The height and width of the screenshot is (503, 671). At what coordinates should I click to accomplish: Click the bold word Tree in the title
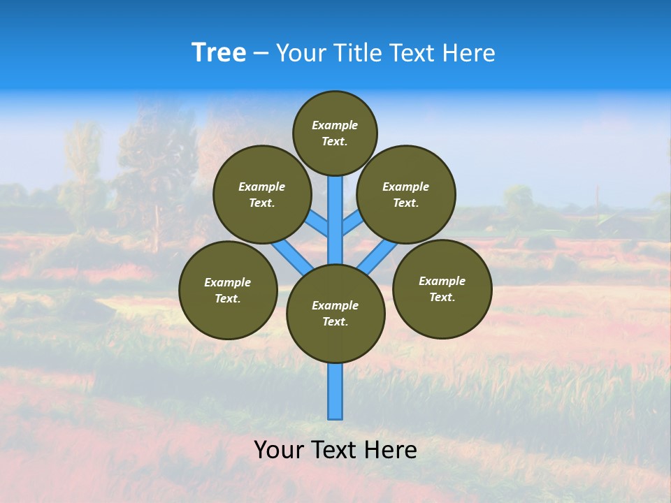tap(219, 53)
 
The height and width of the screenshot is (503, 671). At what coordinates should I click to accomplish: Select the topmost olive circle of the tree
tap(335, 133)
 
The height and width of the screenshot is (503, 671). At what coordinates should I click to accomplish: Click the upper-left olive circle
tap(261, 194)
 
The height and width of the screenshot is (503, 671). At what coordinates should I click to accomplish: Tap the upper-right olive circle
tap(406, 194)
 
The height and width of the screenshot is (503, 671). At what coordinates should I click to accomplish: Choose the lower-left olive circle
tap(228, 290)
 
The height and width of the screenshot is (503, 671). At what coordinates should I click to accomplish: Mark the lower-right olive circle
tap(442, 289)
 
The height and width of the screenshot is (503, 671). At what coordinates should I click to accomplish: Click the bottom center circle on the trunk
tap(335, 313)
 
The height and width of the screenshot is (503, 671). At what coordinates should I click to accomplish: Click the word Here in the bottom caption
tap(391, 450)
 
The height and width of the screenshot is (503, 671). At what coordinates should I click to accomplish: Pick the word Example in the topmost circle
tap(335, 125)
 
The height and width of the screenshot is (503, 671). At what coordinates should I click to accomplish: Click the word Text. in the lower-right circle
tap(442, 297)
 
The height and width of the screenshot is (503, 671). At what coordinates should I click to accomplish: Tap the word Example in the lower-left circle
tap(228, 282)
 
